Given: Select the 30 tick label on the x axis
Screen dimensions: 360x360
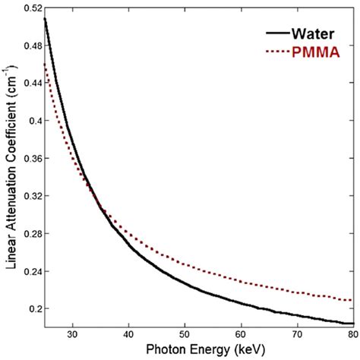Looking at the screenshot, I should [73, 333].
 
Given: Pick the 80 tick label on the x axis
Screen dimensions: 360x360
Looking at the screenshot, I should [351, 333].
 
